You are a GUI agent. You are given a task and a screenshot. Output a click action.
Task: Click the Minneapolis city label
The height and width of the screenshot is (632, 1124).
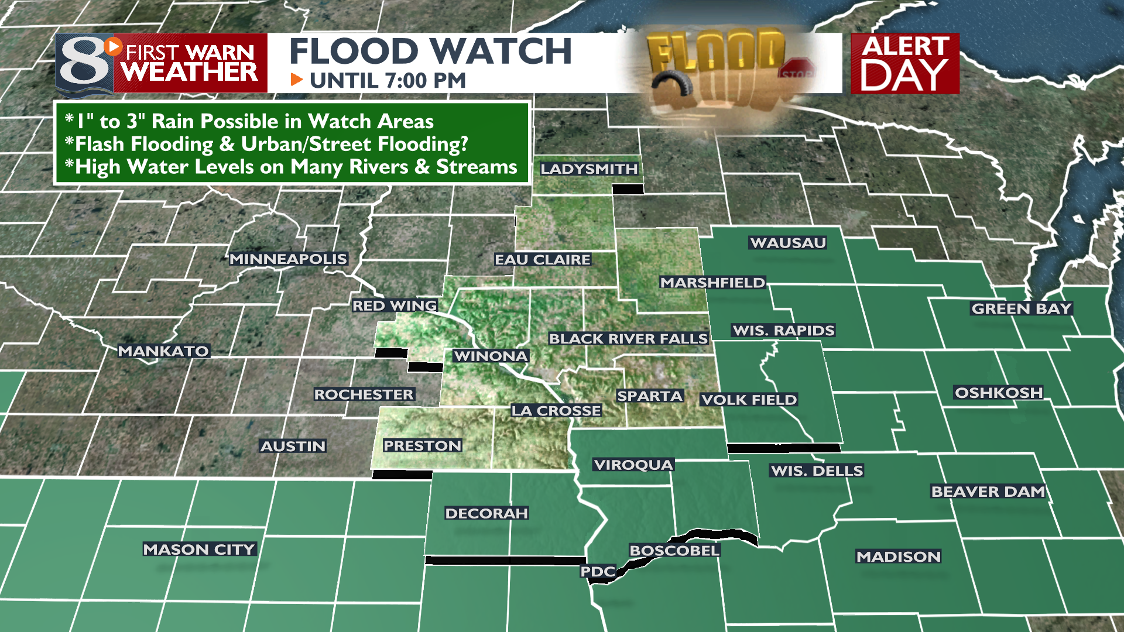point(288,259)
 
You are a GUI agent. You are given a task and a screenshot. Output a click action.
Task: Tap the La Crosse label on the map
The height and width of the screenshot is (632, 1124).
point(556,411)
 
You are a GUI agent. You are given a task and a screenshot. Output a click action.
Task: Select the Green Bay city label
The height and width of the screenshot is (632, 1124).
point(1022,308)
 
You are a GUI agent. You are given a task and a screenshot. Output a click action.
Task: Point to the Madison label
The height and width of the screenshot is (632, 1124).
point(899,557)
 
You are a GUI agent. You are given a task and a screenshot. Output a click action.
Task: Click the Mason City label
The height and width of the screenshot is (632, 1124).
point(200,549)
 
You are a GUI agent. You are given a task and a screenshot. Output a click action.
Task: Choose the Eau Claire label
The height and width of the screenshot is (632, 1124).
point(543,259)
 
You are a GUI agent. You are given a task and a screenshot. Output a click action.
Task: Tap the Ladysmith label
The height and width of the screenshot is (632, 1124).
point(589,169)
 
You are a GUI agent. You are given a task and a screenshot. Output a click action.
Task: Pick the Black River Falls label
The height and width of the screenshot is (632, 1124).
point(628,338)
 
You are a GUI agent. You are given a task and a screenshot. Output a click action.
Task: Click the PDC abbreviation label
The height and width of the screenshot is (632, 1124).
point(598,571)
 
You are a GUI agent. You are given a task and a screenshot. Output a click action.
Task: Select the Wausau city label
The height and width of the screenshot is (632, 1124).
point(788,243)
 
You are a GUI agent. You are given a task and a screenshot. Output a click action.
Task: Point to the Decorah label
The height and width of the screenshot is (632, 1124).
point(486,513)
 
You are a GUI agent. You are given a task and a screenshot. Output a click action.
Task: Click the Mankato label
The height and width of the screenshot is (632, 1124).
point(164,351)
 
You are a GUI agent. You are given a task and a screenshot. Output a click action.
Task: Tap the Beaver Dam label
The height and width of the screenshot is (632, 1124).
point(988,492)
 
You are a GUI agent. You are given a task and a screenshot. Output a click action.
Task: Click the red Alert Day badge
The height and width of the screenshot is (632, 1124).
point(905,63)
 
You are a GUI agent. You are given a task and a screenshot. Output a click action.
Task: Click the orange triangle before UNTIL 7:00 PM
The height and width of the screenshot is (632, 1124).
point(297,80)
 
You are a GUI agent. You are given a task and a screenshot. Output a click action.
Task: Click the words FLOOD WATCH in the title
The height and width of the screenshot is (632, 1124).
point(430,51)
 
